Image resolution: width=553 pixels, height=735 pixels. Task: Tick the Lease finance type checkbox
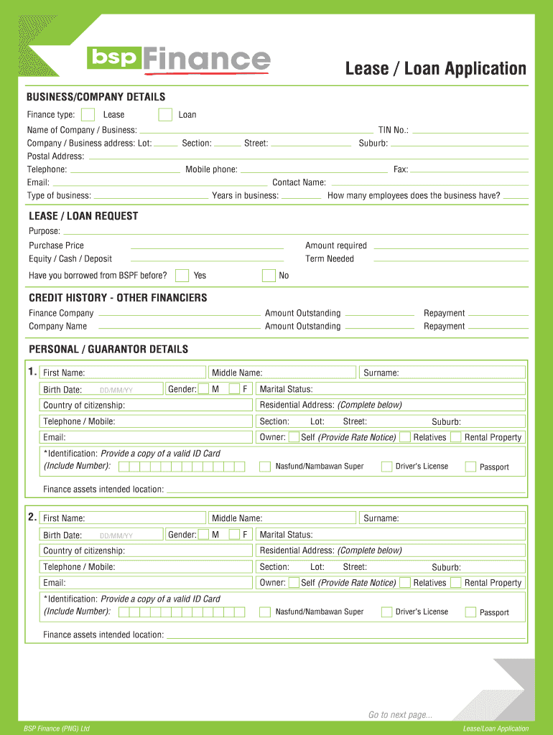[88, 115]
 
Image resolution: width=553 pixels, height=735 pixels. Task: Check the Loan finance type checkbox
[165, 115]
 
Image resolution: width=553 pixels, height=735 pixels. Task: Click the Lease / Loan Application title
[435, 69]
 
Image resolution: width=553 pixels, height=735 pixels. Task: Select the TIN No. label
[393, 131]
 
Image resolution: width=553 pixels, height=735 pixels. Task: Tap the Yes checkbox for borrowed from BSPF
[182, 276]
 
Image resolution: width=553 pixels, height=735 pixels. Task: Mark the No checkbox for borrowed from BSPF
[269, 276]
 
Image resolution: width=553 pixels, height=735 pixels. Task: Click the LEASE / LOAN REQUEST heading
[83, 216]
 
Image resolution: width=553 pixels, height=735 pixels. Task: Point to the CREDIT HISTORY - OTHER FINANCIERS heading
[118, 298]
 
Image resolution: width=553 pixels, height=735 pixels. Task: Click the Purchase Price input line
[208, 246]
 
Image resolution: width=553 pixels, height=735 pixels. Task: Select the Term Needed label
[330, 259]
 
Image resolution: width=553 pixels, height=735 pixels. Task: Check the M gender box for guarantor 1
[204, 389]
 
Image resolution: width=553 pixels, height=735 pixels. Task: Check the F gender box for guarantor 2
[235, 535]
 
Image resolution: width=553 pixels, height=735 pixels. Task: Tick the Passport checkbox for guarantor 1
[470, 467]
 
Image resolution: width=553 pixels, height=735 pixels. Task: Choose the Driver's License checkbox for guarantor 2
[386, 612]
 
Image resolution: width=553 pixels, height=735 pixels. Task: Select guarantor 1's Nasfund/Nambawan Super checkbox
[265, 467]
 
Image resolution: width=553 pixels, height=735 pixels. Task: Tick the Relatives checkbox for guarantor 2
[405, 583]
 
